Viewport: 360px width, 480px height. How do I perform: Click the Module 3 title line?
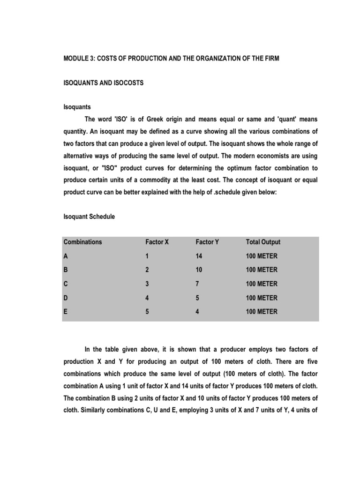(x=171, y=60)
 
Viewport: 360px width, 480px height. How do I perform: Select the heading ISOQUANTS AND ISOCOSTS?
(x=104, y=83)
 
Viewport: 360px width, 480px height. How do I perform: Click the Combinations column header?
(x=82, y=242)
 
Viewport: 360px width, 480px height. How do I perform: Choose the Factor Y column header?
(x=207, y=242)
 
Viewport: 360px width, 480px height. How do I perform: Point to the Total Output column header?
(x=263, y=242)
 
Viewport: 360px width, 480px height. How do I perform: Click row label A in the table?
(x=66, y=256)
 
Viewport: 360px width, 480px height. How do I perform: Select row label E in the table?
(x=66, y=312)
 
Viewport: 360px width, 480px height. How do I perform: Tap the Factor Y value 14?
(x=199, y=256)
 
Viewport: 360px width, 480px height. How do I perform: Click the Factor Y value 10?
(x=199, y=270)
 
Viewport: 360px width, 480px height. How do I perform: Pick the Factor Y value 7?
(x=198, y=284)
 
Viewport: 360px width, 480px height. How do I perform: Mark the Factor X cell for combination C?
(x=147, y=284)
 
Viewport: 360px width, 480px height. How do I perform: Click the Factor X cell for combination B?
(x=147, y=270)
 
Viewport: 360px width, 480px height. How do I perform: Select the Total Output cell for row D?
(x=262, y=298)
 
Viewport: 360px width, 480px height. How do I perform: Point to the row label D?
(x=66, y=298)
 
